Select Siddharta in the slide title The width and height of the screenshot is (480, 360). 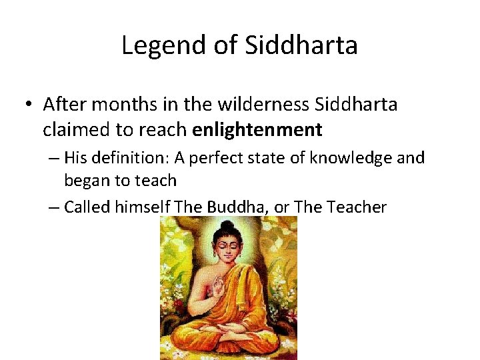click(x=301, y=45)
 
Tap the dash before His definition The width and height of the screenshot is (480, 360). click(x=55, y=158)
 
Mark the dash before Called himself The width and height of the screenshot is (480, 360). click(x=55, y=207)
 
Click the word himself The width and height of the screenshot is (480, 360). click(x=143, y=207)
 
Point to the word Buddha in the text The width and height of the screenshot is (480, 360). click(x=234, y=207)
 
